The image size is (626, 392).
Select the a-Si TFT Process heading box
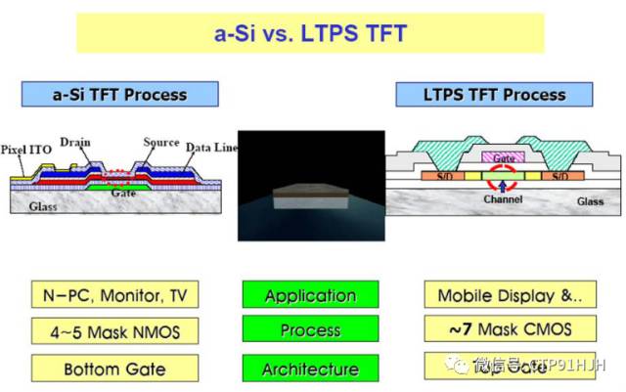click(118, 95)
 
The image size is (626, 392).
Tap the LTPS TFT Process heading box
click(494, 95)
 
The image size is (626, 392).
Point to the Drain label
click(74, 143)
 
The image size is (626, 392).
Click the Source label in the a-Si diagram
click(160, 142)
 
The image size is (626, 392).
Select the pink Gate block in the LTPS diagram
click(503, 156)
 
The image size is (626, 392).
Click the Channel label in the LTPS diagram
click(502, 199)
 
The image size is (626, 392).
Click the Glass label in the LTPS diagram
click(587, 200)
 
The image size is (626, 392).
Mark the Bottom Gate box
click(116, 370)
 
